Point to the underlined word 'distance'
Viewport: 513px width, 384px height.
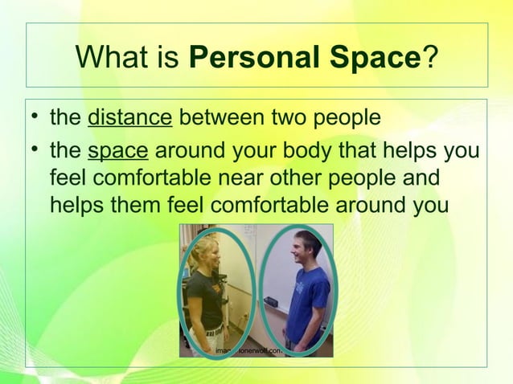point(129,119)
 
